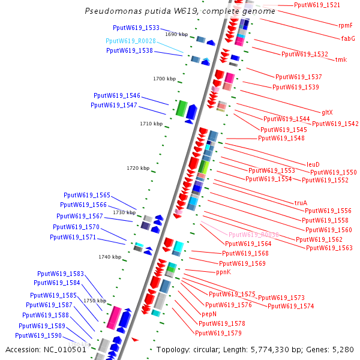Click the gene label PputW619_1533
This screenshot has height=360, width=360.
136,28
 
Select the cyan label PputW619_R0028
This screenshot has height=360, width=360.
131,41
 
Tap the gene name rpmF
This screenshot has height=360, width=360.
346,25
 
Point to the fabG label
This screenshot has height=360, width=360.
348,38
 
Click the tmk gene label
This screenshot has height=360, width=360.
341,59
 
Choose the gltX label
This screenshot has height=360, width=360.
327,112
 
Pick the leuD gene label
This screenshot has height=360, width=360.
313,164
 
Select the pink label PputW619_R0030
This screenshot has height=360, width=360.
254,235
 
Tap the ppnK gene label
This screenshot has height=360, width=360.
223,272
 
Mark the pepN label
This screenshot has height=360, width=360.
209,314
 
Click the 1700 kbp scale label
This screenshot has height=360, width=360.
164,79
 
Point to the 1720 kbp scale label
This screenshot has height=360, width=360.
138,168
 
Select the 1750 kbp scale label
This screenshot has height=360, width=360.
95,301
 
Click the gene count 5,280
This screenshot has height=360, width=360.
342,349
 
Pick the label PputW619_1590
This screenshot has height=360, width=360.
38,335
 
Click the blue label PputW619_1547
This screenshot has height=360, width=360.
114,106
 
